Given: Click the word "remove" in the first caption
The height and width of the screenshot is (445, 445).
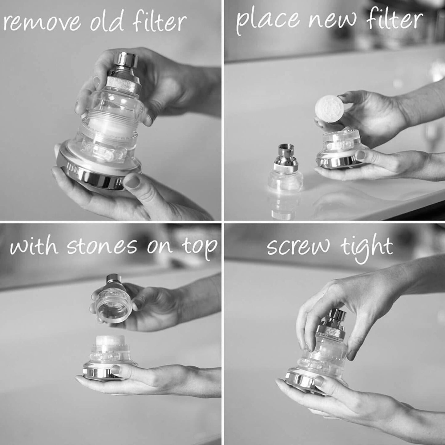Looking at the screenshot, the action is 42,23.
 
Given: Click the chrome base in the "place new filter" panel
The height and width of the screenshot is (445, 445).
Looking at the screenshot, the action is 337,162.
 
